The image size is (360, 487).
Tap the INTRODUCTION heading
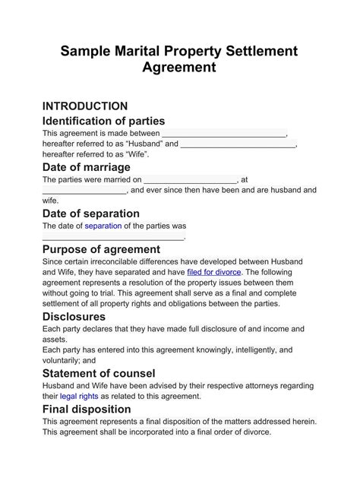coord(85,106)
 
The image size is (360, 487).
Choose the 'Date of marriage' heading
coord(87,167)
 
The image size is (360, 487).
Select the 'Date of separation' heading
coord(91,213)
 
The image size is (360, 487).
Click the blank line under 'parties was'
coord(114,237)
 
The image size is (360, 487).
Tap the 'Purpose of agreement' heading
coord(101,249)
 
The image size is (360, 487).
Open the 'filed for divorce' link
coord(214,271)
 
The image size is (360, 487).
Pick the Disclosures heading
coord(74,316)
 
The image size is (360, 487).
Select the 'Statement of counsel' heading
coord(99,373)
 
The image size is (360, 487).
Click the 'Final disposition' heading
coord(87,410)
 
